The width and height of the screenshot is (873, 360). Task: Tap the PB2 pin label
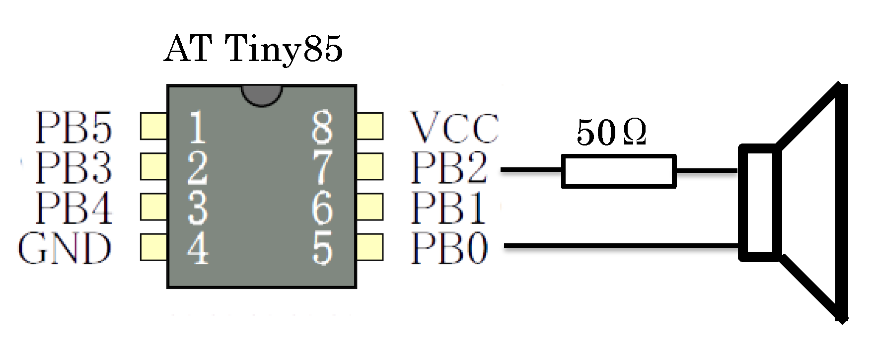(449, 167)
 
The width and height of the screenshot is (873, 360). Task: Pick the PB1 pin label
(448, 208)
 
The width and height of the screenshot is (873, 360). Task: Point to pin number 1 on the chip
(197, 128)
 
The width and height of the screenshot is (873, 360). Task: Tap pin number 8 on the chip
(322, 127)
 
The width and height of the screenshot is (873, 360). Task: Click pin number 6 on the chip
(322, 208)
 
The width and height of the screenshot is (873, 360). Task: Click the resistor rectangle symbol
(619, 171)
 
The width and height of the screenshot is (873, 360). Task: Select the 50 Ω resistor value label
(611, 133)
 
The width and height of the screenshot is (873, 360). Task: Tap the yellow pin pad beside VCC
(370, 126)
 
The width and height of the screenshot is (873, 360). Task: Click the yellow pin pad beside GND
(153, 247)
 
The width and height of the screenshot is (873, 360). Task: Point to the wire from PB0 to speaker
(621, 246)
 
